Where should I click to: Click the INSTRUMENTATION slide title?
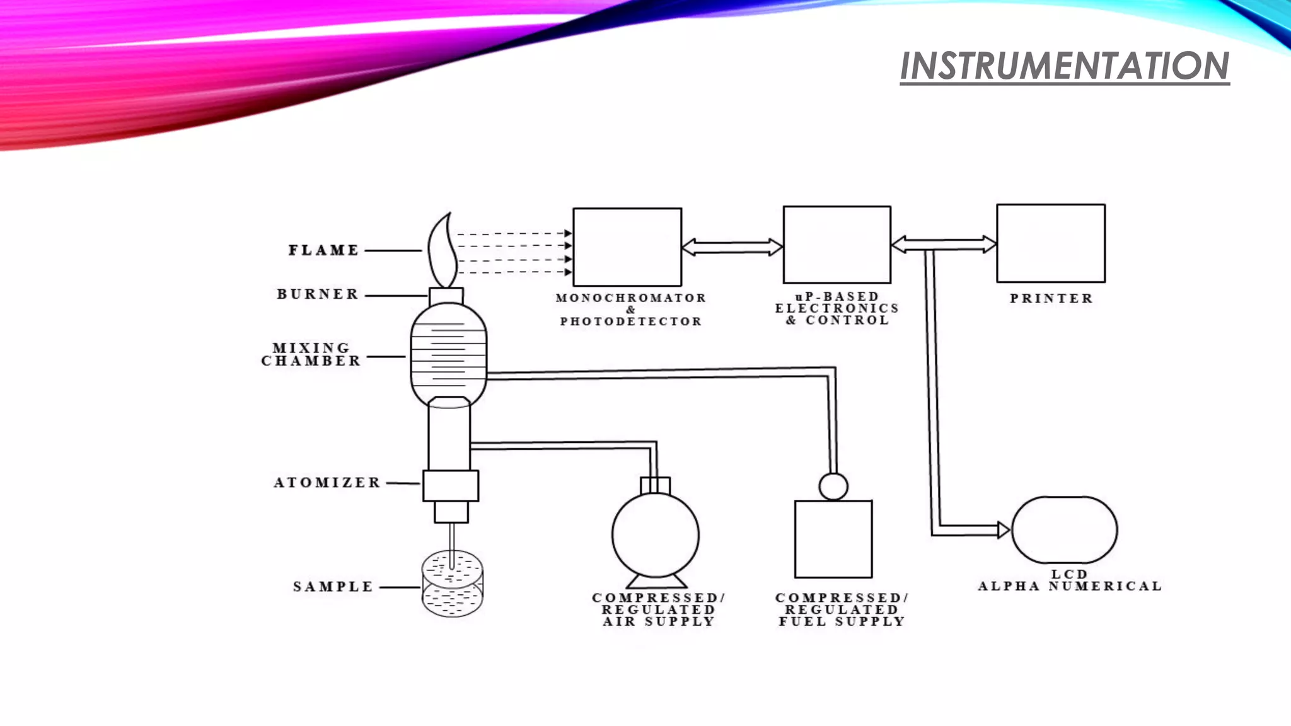tap(1064, 66)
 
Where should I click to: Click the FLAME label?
tap(324, 250)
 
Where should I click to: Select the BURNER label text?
tap(318, 294)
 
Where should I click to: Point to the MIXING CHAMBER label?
tap(311, 355)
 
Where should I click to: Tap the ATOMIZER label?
tap(327, 483)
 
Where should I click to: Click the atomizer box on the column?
tap(450, 486)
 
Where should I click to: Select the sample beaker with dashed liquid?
tap(452, 584)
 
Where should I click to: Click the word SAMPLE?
tap(333, 587)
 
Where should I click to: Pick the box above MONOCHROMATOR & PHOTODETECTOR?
tap(627, 247)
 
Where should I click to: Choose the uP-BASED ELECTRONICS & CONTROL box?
tap(837, 245)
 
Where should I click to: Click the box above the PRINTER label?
tap(1050, 243)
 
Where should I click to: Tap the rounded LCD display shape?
tap(1064, 530)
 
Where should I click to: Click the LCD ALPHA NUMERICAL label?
tap(1069, 580)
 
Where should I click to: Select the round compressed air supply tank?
tap(655, 535)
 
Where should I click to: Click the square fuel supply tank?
tap(833, 539)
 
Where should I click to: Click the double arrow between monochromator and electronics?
tap(732, 247)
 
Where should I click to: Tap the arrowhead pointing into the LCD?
tap(1003, 530)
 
